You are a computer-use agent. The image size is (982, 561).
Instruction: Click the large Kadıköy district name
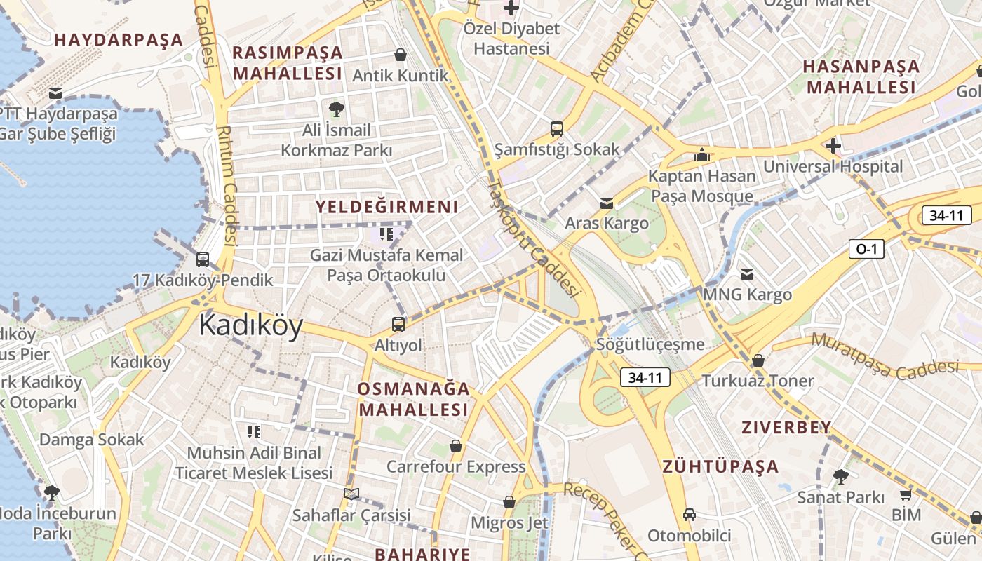[250, 326]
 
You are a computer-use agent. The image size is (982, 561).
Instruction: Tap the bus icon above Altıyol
[398, 324]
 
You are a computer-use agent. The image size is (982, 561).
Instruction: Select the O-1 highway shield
[866, 249]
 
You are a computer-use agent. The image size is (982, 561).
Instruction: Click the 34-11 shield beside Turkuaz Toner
[645, 378]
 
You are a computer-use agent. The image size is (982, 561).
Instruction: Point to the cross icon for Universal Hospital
[833, 146]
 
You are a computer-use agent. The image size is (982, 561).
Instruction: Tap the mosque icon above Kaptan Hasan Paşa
[701, 155]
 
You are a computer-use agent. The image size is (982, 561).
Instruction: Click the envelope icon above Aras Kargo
[607, 203]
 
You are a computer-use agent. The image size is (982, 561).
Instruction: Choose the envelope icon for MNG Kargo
[747, 273]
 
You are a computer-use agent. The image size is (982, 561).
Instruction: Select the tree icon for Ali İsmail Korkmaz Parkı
[337, 109]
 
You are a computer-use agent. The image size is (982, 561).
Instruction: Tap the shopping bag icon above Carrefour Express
[456, 446]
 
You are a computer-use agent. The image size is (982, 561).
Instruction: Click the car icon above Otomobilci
[690, 515]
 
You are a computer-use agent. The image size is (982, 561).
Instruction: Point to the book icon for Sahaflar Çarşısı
[351, 494]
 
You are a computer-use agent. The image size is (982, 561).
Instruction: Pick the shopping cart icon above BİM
[906, 495]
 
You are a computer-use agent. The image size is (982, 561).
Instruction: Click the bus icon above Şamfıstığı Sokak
[557, 128]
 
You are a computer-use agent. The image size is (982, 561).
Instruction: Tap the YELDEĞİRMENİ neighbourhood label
[386, 207]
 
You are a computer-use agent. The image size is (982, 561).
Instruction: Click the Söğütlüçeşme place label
[650, 344]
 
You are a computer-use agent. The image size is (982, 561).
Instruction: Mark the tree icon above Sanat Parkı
[840, 477]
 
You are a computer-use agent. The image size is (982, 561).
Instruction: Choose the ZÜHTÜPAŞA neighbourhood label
[720, 466]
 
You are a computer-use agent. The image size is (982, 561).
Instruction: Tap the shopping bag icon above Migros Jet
[509, 502]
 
